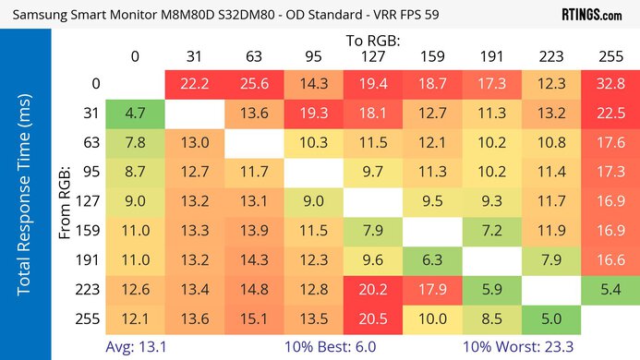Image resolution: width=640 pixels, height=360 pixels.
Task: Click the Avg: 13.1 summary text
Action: tap(135, 346)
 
